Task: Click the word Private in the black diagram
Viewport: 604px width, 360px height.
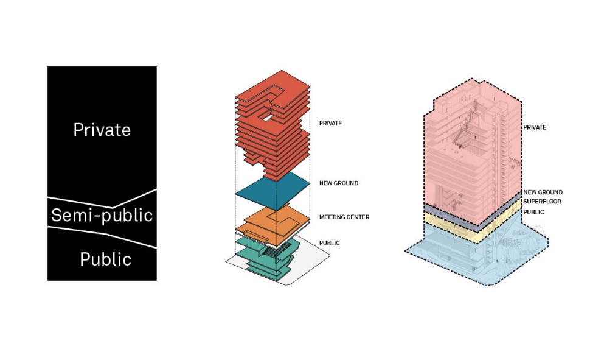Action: (102, 130)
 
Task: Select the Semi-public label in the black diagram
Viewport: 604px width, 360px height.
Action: (102, 215)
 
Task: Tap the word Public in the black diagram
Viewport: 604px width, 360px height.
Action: (106, 259)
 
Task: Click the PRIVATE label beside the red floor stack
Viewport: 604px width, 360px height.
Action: (330, 124)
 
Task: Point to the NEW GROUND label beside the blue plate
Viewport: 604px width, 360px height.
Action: (339, 183)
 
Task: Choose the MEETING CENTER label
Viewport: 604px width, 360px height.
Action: (344, 217)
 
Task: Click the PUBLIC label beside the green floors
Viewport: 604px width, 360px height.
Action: (329, 243)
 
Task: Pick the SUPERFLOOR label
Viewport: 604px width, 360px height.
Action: (542, 202)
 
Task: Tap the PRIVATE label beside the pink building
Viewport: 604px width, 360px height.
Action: (535, 127)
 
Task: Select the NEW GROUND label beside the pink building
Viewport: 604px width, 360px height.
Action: (543, 192)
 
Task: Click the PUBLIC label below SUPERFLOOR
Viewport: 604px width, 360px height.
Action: (533, 212)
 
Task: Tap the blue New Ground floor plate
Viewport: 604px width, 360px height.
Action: (272, 191)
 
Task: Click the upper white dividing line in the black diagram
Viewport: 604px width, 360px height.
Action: (102, 199)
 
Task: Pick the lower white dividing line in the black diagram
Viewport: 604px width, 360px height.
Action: (102, 236)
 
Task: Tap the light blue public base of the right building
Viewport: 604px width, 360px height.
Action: (477, 255)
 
